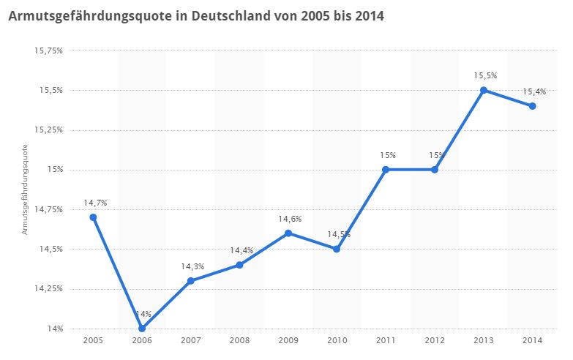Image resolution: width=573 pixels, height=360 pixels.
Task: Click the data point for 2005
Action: (x=93, y=217)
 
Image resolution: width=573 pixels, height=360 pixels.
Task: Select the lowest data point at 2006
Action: (x=142, y=329)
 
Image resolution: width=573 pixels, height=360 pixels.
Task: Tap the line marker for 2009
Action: (x=288, y=233)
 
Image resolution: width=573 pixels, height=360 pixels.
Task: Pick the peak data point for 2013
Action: (x=484, y=90)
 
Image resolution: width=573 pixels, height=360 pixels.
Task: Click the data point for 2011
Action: (x=386, y=170)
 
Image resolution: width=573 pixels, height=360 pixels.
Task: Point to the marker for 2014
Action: (x=533, y=106)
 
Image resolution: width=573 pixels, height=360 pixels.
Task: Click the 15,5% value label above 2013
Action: (x=484, y=75)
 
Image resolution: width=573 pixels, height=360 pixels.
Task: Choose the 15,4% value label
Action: (x=534, y=91)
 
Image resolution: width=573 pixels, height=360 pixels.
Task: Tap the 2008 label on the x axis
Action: (x=239, y=342)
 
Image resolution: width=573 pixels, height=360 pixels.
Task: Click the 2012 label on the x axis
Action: (x=435, y=342)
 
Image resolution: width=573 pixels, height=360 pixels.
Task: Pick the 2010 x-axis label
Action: (x=337, y=342)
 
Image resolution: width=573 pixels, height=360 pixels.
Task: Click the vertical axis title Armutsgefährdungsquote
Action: (x=24, y=189)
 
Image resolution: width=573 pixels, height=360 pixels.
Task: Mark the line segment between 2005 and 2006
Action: (x=117, y=273)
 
